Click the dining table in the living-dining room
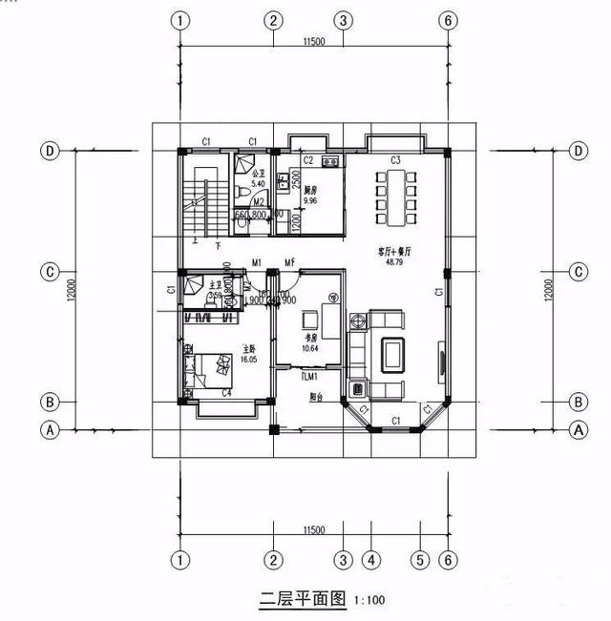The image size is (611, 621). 393,197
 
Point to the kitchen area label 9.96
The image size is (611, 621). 308,201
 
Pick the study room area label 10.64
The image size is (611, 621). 309,348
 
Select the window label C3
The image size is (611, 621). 394,159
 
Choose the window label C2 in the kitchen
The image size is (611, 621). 308,160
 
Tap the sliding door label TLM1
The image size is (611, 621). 309,377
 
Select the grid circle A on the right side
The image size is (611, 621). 577,430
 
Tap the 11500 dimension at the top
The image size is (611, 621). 314,41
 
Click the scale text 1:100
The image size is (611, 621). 371,601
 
